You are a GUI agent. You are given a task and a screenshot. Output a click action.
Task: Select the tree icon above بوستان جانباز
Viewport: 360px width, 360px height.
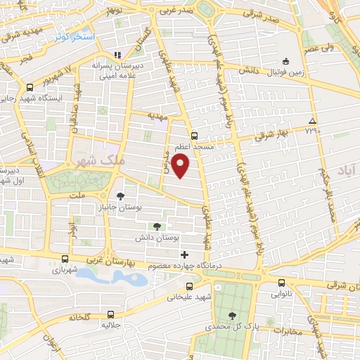tap(121, 195)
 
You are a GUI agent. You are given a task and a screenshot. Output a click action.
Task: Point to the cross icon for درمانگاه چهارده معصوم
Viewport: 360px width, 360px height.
tap(185, 255)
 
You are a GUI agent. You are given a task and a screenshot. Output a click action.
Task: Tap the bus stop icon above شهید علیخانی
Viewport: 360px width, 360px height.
tap(189, 286)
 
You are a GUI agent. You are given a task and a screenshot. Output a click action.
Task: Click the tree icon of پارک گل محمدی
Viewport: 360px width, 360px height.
tap(233, 316)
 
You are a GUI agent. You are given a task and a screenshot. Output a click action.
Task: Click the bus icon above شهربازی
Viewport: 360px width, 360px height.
tap(65, 258)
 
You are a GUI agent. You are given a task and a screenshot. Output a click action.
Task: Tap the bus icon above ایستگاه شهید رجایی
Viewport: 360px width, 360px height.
tap(30, 87)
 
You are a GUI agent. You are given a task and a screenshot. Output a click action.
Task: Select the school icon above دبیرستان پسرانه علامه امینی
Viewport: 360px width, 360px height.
tap(118, 54)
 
